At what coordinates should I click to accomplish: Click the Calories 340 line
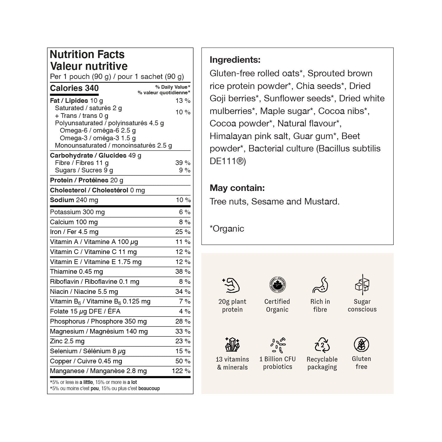[x=74, y=88]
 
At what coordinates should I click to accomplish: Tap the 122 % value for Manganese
[x=181, y=371]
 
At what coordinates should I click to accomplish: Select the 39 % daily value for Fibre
[x=183, y=163]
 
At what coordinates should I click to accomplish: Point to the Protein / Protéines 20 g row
[x=87, y=180]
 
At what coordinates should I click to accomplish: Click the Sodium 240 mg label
[x=74, y=200]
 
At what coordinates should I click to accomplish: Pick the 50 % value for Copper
[x=183, y=361]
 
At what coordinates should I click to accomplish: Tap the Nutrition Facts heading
[x=87, y=55]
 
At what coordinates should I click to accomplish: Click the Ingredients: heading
[x=235, y=60]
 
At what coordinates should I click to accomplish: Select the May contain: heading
[x=237, y=188]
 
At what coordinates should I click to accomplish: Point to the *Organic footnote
[x=227, y=229]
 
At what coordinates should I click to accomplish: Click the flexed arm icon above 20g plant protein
[x=231, y=285]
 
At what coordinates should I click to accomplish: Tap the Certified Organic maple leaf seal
[x=277, y=285]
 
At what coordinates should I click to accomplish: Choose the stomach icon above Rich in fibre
[x=320, y=285]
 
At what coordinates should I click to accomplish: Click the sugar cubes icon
[x=362, y=285]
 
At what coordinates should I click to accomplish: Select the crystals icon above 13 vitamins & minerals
[x=232, y=344]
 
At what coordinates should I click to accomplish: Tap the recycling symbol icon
[x=322, y=345]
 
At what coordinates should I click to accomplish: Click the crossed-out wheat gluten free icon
[x=361, y=344]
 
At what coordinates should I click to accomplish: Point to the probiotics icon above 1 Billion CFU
[x=278, y=345]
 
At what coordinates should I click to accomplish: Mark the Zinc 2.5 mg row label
[x=67, y=341]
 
